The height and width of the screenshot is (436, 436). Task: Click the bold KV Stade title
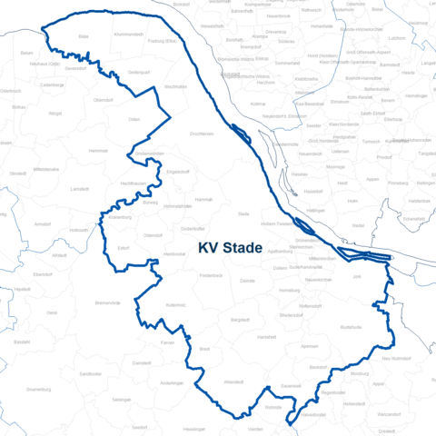(x=230, y=247)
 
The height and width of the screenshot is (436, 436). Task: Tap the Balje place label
(x=84, y=36)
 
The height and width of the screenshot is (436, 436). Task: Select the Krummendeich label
(x=129, y=34)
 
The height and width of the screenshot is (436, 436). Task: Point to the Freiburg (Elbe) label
(x=162, y=40)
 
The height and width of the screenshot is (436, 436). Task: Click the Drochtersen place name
(x=202, y=134)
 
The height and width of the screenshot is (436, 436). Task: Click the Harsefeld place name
(x=266, y=337)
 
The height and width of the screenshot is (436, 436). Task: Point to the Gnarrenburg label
(x=38, y=389)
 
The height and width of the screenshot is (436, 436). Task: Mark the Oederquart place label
(x=138, y=72)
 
